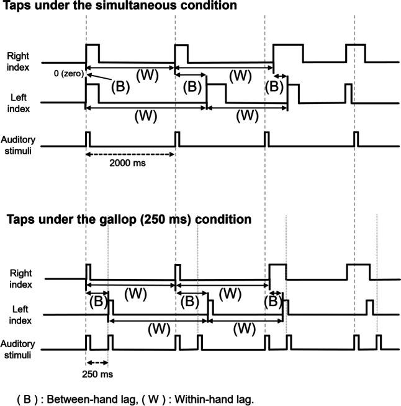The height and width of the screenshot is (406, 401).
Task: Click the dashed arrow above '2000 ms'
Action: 131,154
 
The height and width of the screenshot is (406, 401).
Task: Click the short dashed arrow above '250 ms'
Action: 97,363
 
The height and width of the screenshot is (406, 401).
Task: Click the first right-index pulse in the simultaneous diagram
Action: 92,53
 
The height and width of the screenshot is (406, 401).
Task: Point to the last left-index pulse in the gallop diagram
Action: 370,307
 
